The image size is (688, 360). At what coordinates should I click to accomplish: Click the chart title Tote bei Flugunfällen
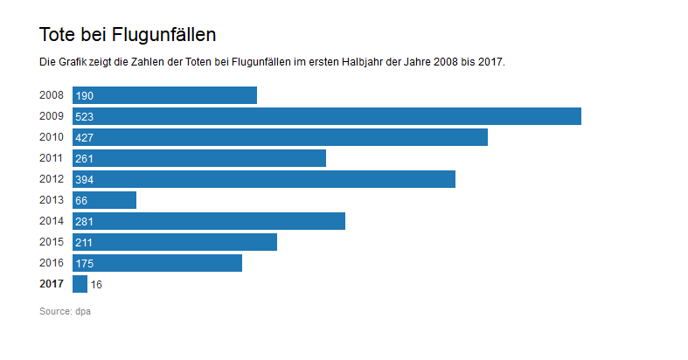pos(128,35)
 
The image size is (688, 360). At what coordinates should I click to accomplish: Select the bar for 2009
pos(327,116)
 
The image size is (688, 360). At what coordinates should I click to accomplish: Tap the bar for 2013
pos(104,200)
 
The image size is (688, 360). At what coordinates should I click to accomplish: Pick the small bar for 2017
pos(80,284)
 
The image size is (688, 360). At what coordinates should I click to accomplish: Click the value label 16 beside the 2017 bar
pos(96,285)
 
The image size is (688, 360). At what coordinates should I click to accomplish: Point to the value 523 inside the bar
pos(84,116)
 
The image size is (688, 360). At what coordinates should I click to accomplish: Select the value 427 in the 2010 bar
pos(84,138)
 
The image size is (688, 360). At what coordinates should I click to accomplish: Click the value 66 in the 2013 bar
pos(81,201)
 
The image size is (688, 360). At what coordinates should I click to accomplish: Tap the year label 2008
pos(52,95)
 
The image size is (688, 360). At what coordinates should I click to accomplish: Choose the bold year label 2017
pos(52,284)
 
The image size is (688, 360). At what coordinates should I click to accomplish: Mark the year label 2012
pos(52,179)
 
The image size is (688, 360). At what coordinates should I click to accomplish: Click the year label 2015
pos(52,242)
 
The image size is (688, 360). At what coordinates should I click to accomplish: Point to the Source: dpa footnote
pos(65,311)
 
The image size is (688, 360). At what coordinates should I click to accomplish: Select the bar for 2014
pos(209,221)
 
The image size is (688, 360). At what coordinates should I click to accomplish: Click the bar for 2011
pos(199,158)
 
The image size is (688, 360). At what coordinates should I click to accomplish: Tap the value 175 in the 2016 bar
pos(84,264)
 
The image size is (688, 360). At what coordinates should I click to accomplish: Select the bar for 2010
pos(280,137)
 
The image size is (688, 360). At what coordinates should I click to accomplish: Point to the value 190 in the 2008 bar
pos(84,95)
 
